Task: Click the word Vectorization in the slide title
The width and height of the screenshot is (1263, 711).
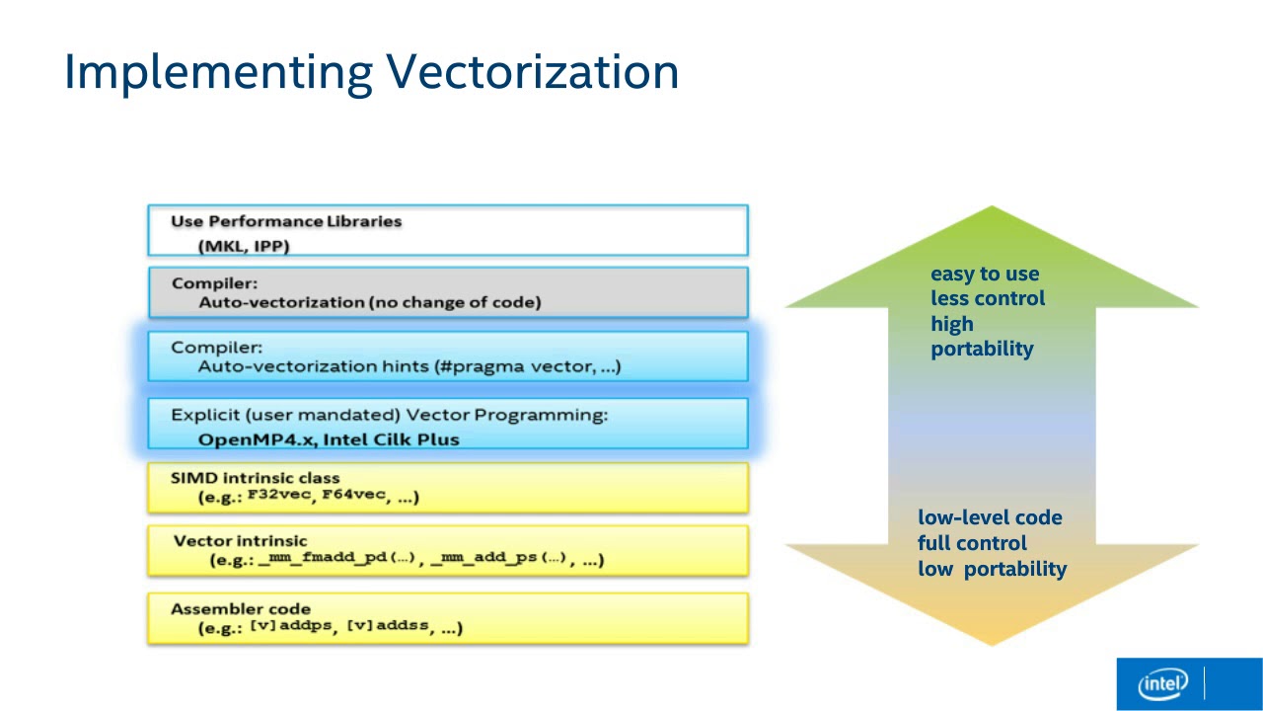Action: pyautogui.click(x=532, y=72)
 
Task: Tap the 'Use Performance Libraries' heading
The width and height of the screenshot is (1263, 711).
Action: pyautogui.click(x=286, y=221)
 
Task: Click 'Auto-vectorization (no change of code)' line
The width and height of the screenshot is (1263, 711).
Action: pyautogui.click(x=369, y=302)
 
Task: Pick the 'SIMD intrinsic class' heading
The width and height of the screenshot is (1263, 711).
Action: pyautogui.click(x=255, y=478)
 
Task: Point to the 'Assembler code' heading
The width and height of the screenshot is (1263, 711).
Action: pyautogui.click(x=241, y=609)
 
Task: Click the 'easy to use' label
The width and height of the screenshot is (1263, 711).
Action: pyautogui.click(x=985, y=275)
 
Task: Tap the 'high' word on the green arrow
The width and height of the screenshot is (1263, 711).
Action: pyautogui.click(x=951, y=324)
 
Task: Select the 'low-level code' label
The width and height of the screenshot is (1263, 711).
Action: pyautogui.click(x=990, y=517)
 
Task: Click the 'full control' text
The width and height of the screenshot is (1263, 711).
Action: pyautogui.click(x=972, y=543)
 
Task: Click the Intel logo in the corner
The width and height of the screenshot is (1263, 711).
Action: pyautogui.click(x=1163, y=683)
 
